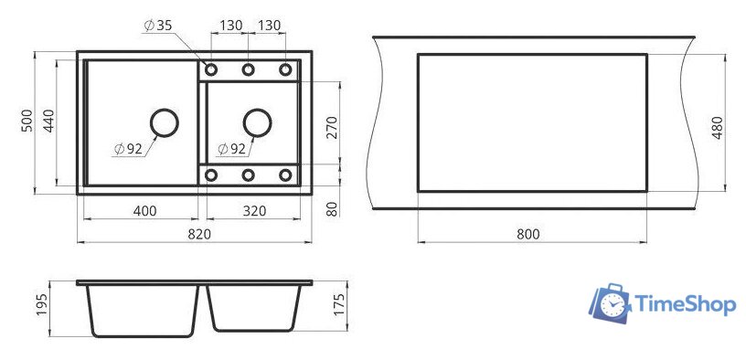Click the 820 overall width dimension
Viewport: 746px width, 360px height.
199,234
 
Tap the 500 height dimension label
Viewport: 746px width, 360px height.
27,121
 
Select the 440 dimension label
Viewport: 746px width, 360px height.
49,121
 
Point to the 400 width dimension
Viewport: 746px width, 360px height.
144,211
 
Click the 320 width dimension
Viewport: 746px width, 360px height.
254,211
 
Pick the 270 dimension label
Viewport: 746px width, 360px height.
332,127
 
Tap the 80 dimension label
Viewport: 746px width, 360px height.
332,208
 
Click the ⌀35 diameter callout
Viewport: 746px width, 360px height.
158,26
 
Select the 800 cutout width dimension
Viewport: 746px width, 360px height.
528,234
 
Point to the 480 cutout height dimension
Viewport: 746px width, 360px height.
717,127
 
